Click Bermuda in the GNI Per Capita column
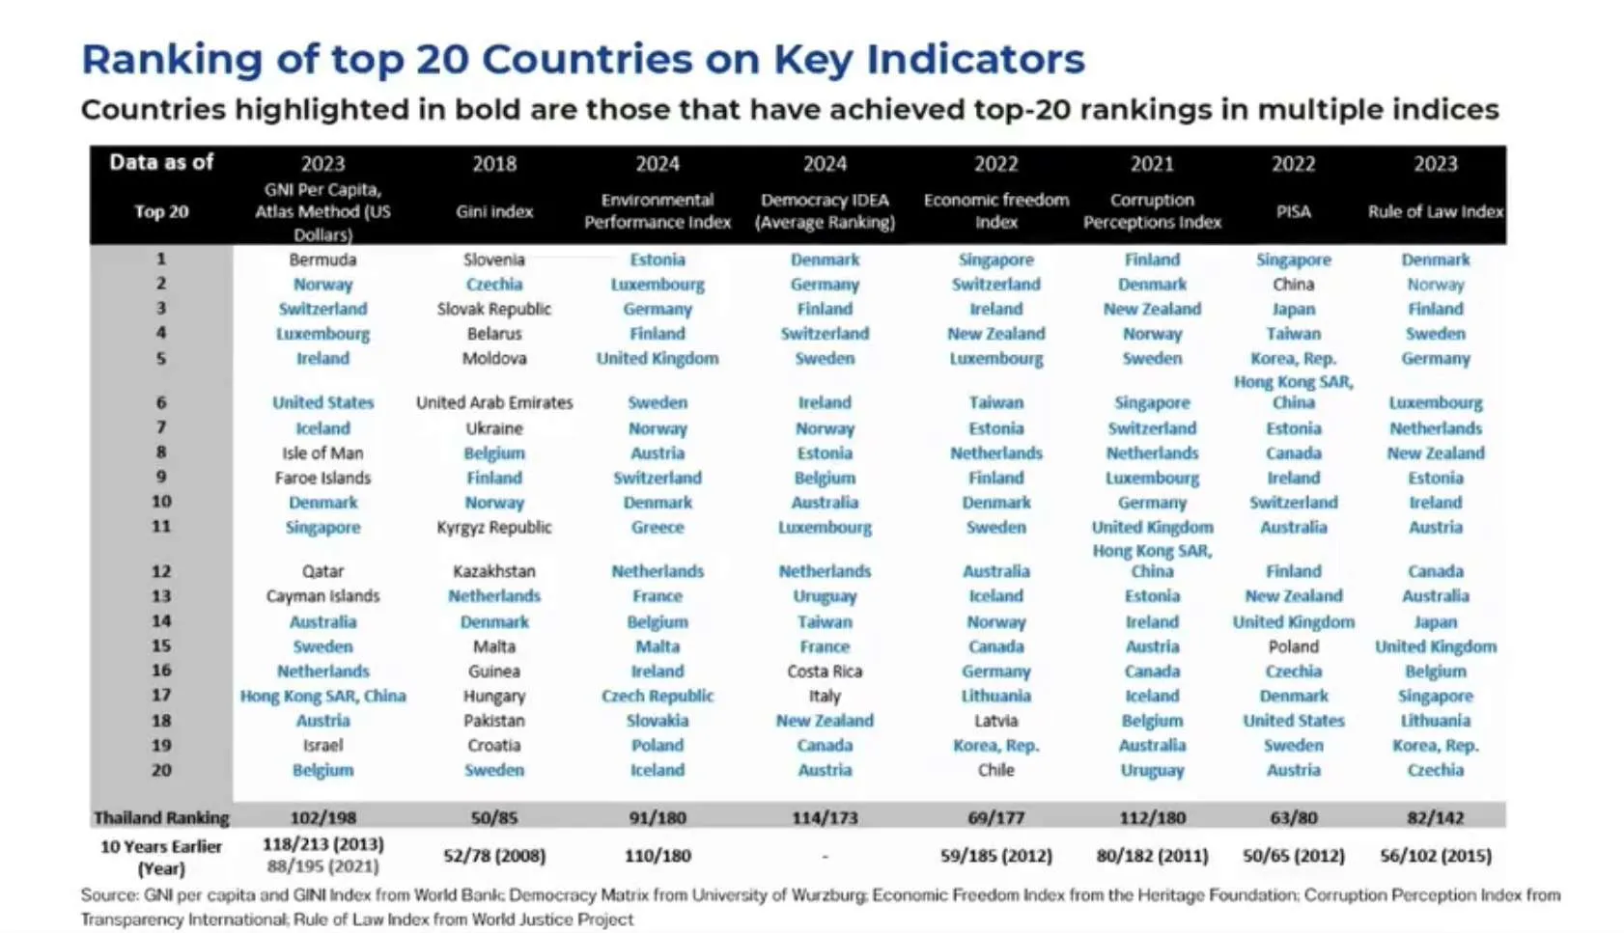322,260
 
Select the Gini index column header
493,211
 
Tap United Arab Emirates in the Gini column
493,402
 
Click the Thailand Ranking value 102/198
322,817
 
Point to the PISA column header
1293,211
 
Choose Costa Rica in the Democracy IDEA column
825,671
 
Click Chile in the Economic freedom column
995,770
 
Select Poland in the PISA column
1293,646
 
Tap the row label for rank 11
161,527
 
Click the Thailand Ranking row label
161,817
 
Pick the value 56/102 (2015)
1435,855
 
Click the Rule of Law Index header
1435,211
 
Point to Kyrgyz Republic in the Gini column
493,527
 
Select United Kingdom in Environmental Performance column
658,358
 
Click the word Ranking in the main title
172,59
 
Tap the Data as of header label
161,162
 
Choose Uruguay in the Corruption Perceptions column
1152,770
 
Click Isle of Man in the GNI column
322,453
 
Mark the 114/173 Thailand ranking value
825,817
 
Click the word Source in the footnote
109,895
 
